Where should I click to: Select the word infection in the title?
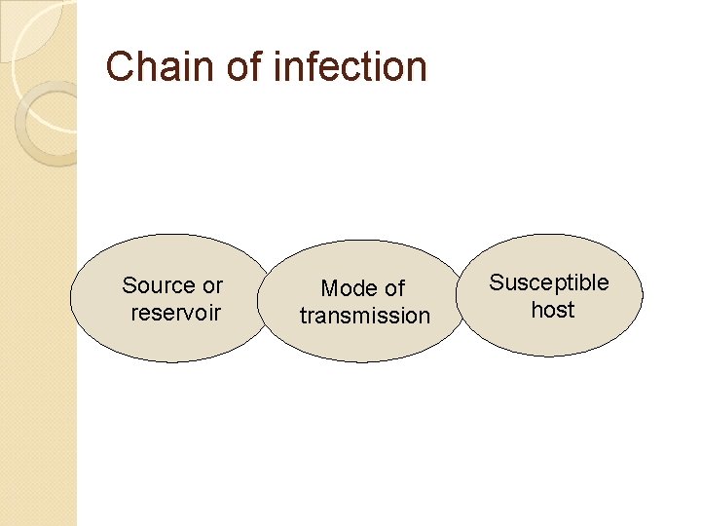click(351, 66)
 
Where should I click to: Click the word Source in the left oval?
click(159, 285)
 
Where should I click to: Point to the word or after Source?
click(212, 285)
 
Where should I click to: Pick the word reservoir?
click(175, 313)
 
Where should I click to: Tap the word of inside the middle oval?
click(393, 288)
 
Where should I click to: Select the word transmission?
click(364, 316)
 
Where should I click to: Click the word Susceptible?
click(549, 282)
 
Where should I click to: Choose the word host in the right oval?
click(552, 310)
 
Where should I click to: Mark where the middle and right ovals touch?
click(460, 297)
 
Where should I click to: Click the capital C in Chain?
click(120, 66)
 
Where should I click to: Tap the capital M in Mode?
click(329, 288)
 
